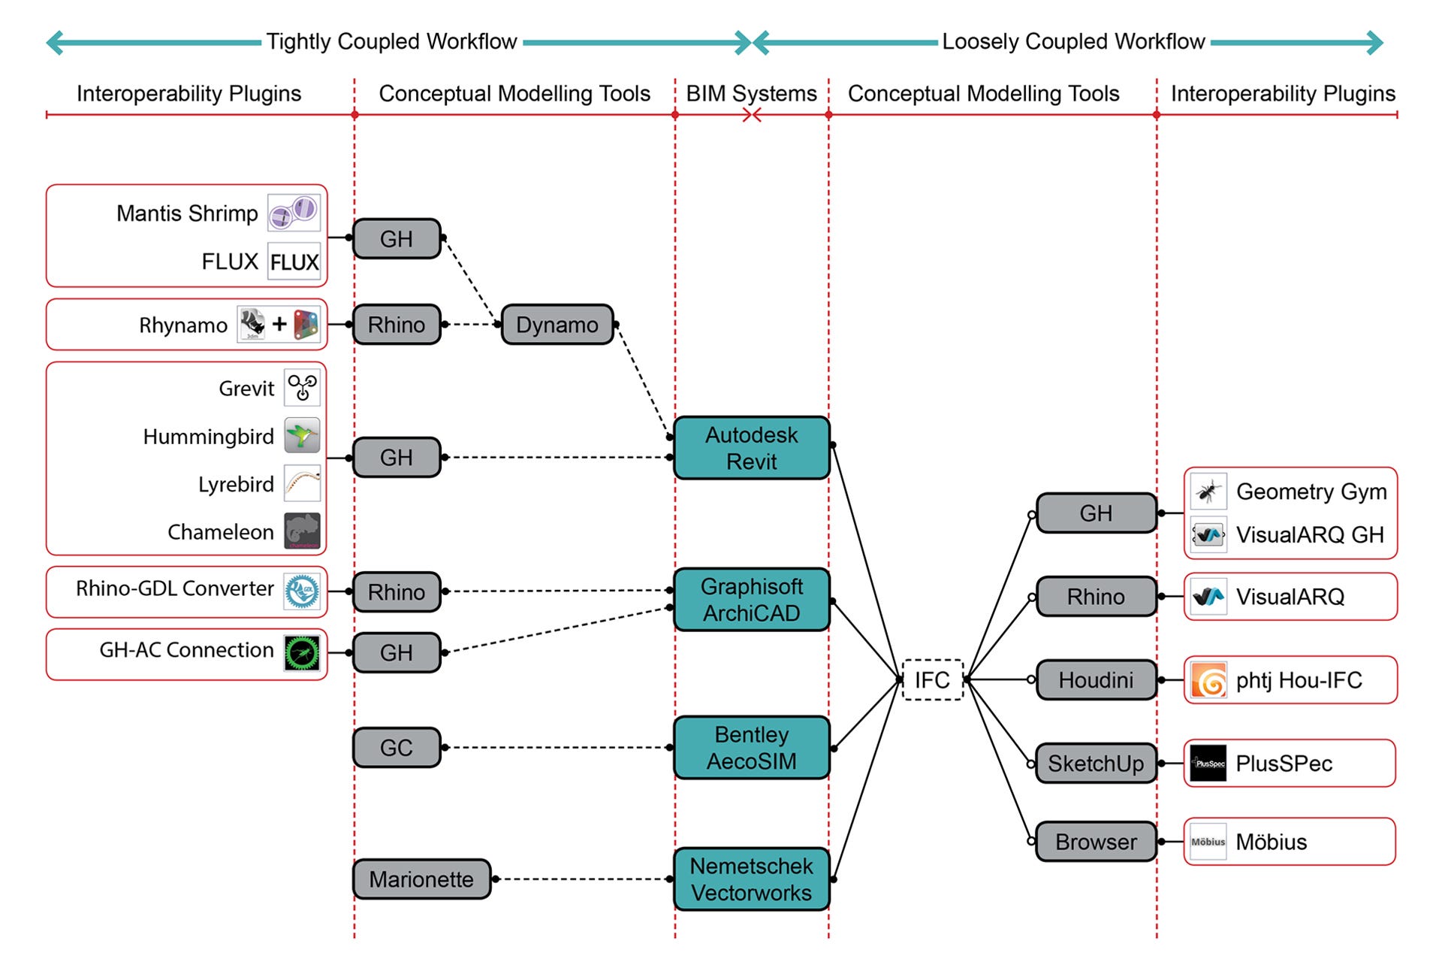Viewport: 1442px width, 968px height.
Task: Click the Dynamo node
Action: pyautogui.click(x=557, y=325)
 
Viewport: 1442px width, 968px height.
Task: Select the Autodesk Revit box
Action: pyautogui.click(x=751, y=448)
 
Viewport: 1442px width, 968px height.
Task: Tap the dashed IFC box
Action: pyautogui.click(x=931, y=680)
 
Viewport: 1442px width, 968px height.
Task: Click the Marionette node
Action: pyautogui.click(x=421, y=879)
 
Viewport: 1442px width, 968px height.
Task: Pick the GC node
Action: pyautogui.click(x=396, y=748)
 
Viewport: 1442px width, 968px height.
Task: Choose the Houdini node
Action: pyautogui.click(x=1095, y=680)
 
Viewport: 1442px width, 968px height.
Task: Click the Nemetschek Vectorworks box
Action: pyautogui.click(x=751, y=879)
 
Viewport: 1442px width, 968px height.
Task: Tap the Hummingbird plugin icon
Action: pyautogui.click(x=302, y=436)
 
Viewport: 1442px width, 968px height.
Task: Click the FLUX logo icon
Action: pyautogui.click(x=294, y=262)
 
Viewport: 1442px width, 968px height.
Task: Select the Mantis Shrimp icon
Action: pyautogui.click(x=294, y=213)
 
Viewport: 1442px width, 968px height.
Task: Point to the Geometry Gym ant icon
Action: pyautogui.click(x=1208, y=492)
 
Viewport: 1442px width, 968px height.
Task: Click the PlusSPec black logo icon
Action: pyautogui.click(x=1208, y=764)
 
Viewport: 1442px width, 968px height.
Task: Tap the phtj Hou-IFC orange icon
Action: pyautogui.click(x=1208, y=681)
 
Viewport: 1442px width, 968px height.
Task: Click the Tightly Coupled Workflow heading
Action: pyautogui.click(x=391, y=41)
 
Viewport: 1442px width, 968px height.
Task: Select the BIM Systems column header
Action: pyautogui.click(x=751, y=93)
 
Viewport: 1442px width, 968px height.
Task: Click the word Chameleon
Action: pyautogui.click(x=221, y=532)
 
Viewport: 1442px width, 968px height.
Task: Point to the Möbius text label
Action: pyautogui.click(x=1271, y=842)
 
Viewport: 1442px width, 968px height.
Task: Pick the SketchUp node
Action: pyautogui.click(x=1095, y=764)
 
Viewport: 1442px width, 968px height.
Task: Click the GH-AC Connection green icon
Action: pyautogui.click(x=302, y=652)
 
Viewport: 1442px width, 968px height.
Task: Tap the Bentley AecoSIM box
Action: pyautogui.click(x=751, y=748)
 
